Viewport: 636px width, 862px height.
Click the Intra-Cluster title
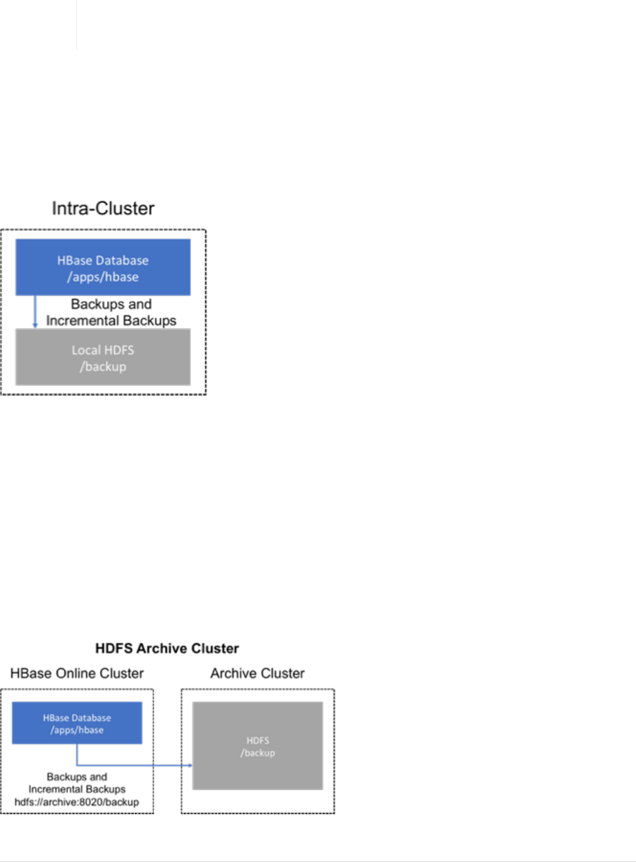point(103,208)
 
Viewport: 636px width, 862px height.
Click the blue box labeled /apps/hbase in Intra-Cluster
point(103,267)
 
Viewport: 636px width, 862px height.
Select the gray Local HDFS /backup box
point(103,357)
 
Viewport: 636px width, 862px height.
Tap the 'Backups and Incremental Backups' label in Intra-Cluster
point(112,312)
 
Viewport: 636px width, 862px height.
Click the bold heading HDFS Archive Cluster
point(167,649)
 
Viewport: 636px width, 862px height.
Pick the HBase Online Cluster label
point(77,673)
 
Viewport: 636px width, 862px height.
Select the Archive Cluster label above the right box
point(257,673)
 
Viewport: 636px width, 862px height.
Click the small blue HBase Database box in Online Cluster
point(77,723)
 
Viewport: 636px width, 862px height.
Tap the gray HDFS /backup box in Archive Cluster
point(257,746)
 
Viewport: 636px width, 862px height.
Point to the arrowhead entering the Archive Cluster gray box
point(190,765)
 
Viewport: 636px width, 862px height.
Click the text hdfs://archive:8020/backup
point(76,802)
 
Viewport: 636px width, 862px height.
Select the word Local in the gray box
point(85,350)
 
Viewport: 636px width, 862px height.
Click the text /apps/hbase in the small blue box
point(77,730)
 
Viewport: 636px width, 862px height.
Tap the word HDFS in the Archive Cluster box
point(257,740)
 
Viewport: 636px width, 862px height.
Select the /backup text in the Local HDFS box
point(103,366)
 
